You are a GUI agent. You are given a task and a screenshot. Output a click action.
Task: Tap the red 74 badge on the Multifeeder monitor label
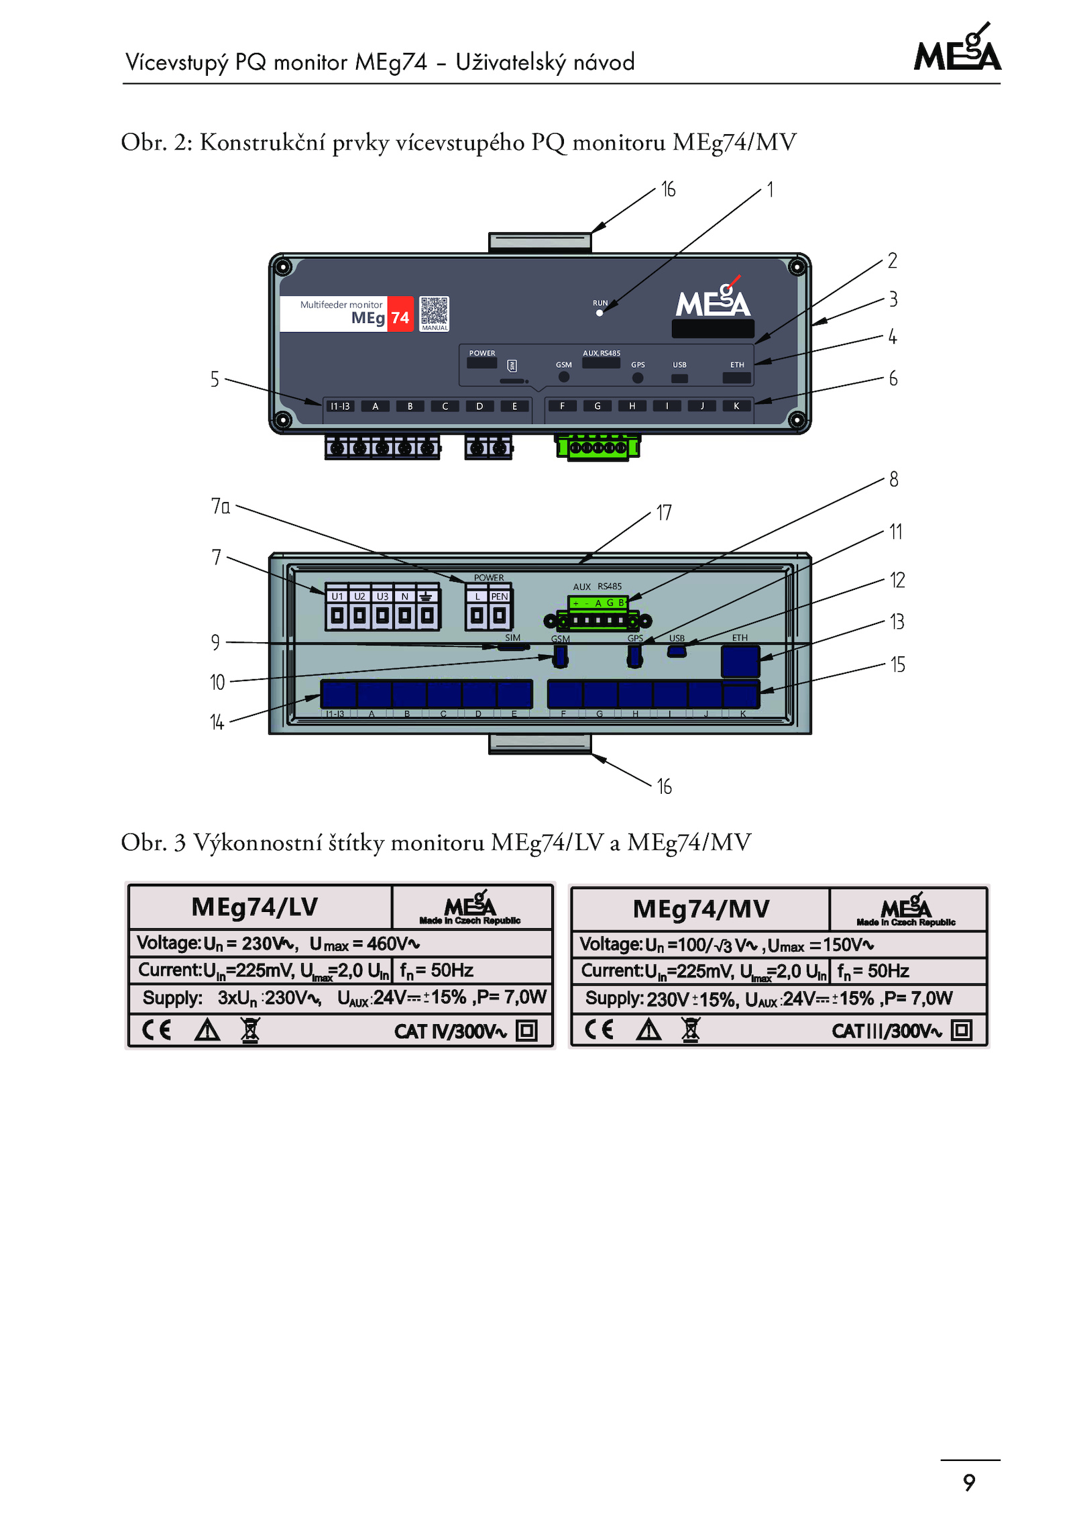[400, 317]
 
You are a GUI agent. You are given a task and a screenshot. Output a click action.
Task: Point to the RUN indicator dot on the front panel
[600, 313]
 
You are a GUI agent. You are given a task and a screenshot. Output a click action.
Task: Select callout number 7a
[221, 506]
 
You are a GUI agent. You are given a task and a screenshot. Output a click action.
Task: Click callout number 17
[664, 513]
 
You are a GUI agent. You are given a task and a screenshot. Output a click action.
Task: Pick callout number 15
[897, 664]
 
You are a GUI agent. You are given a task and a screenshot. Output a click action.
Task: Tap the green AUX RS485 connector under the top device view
[597, 448]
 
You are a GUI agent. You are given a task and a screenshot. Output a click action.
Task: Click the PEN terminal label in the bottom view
[500, 596]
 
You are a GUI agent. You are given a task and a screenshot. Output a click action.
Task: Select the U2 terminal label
[360, 596]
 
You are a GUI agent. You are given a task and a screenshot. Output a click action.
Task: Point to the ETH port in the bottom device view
[740, 661]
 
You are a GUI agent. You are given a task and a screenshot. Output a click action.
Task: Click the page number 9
[969, 1482]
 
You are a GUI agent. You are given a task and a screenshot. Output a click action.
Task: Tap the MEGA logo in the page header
[958, 50]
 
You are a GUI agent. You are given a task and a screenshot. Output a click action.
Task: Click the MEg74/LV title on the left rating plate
[255, 907]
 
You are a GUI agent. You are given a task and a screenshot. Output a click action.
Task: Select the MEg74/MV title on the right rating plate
[701, 909]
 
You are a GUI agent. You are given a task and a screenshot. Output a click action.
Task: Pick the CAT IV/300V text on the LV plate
[450, 1031]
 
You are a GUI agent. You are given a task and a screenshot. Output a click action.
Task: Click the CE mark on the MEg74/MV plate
[599, 1029]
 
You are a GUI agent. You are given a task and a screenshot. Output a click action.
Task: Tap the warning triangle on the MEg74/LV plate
[207, 1030]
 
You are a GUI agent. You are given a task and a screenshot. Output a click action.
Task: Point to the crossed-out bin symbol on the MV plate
[691, 1029]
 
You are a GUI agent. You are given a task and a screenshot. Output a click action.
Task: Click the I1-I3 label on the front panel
[340, 406]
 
